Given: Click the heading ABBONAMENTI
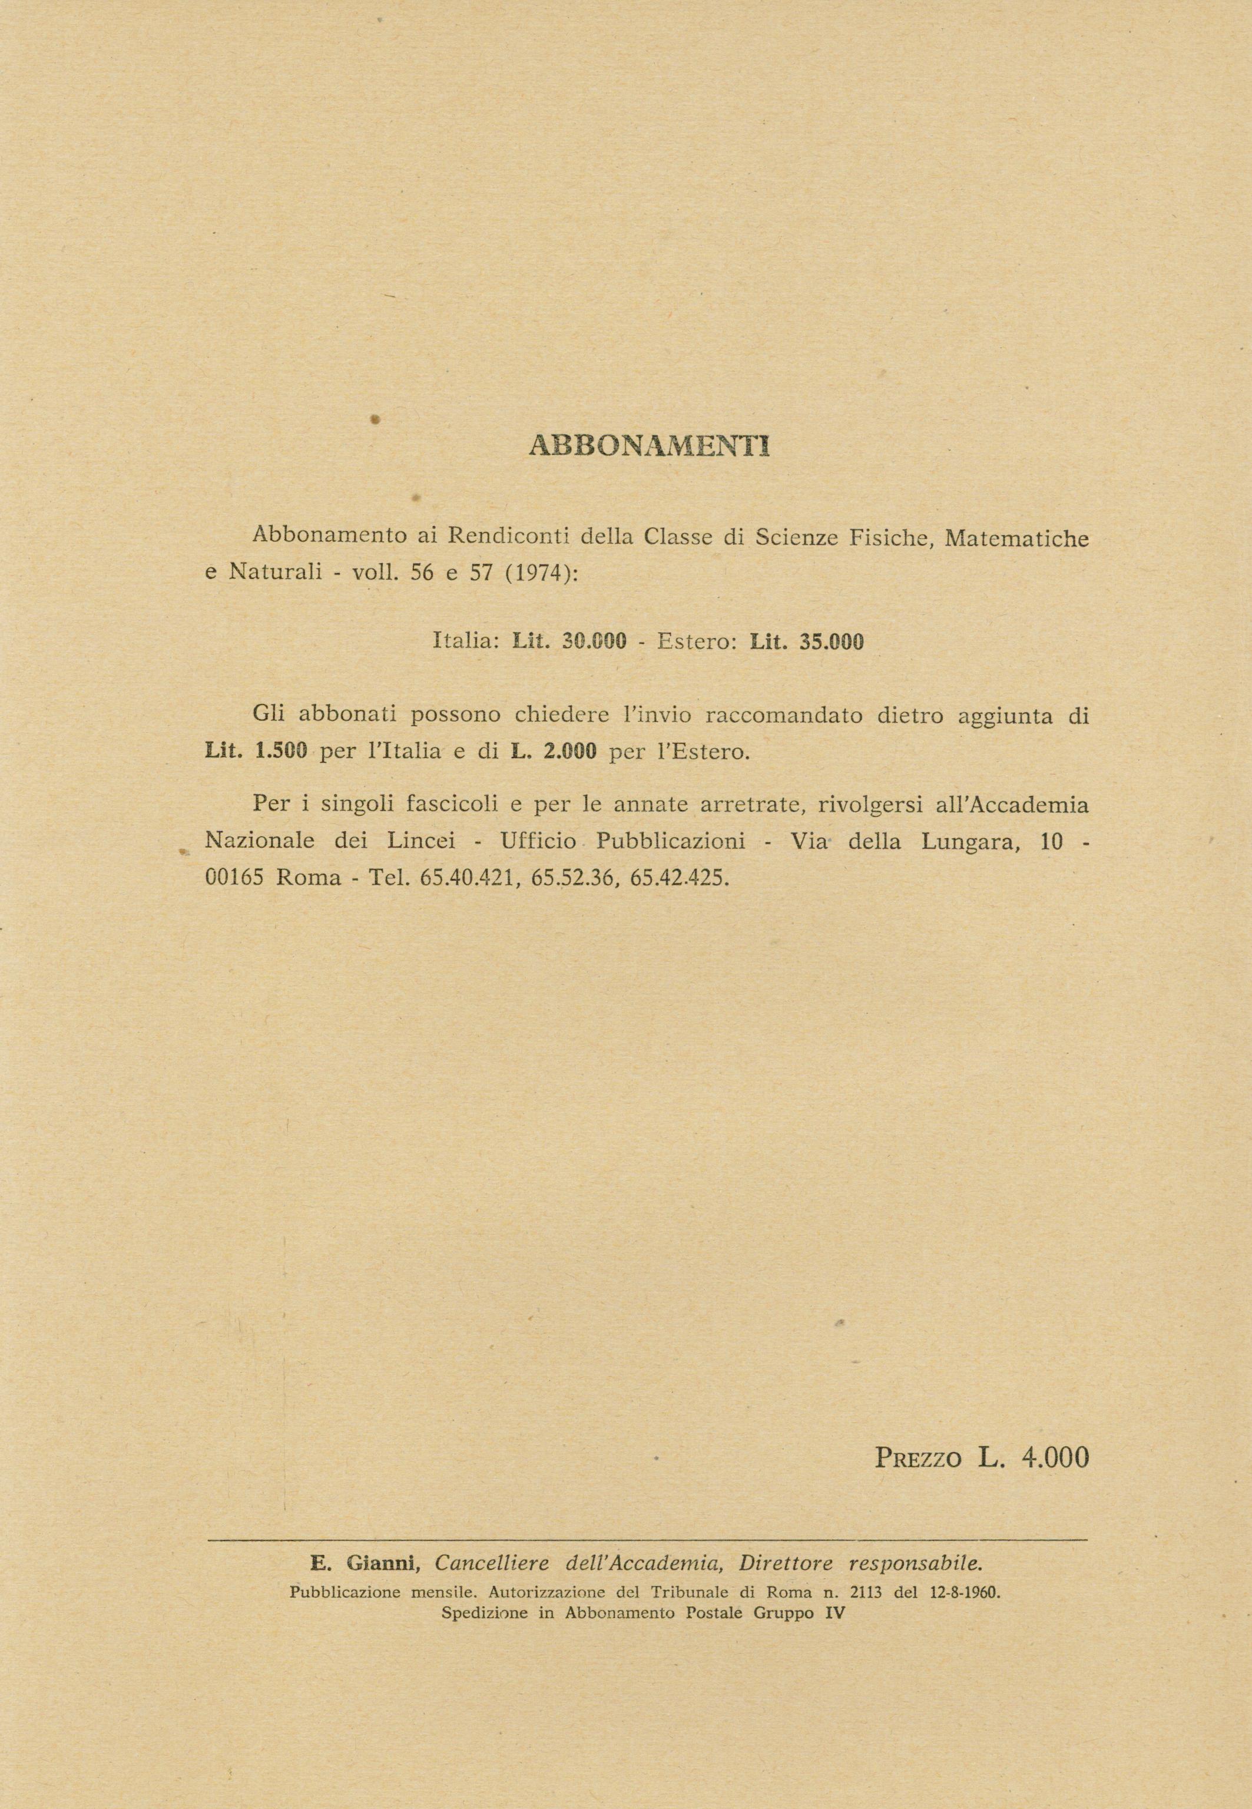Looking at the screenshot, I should pyautogui.click(x=650, y=445).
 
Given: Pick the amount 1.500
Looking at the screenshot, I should pyautogui.click(x=280, y=752).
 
